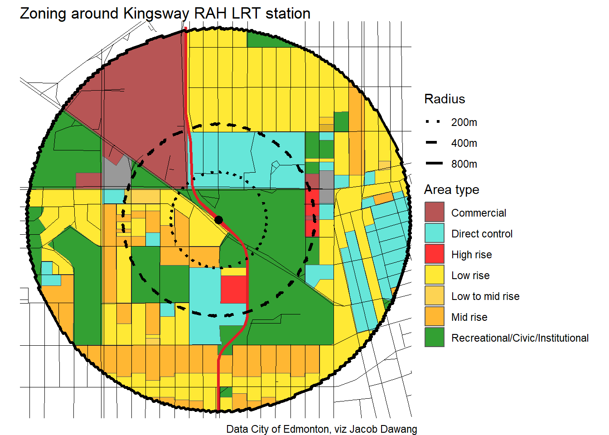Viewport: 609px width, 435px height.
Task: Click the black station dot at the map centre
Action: [218, 220]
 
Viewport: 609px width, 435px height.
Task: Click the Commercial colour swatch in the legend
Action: [434, 213]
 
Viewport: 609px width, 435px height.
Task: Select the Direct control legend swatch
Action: [434, 233]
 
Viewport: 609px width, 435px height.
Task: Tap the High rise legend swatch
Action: [434, 254]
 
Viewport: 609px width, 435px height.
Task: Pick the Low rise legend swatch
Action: [434, 275]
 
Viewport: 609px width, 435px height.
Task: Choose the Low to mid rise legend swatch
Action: [434, 296]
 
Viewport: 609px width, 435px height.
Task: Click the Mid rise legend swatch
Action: [434, 317]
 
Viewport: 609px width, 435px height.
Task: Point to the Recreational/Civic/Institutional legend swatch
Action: [434, 338]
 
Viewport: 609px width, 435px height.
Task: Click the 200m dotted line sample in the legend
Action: [434, 122]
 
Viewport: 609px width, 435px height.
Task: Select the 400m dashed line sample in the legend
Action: [434, 143]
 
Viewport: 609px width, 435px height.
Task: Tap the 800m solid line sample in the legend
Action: [434, 164]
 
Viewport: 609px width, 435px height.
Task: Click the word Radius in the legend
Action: [445, 99]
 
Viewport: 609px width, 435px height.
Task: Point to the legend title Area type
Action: [451, 189]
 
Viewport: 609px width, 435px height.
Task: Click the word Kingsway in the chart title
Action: [156, 14]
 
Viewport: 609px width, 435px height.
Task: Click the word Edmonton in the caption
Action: [306, 429]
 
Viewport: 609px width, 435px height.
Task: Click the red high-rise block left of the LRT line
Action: [233, 289]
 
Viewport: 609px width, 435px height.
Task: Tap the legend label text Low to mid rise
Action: [485, 296]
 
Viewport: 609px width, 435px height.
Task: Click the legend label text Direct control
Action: [482, 234]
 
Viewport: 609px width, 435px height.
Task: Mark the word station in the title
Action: [288, 14]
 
